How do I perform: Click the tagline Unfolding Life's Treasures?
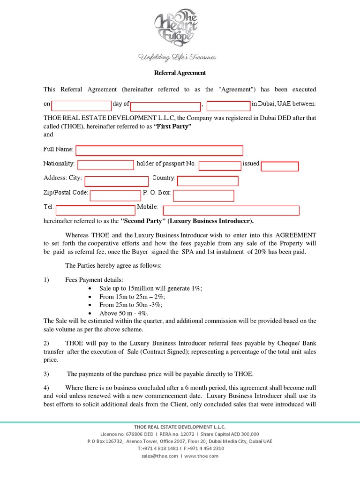[176, 57]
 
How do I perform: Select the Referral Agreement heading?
[180, 73]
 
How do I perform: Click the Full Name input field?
[159, 150]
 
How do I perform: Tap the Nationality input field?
[106, 165]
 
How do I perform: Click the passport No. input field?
[220, 165]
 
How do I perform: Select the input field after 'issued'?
[279, 166]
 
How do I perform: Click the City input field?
[116, 181]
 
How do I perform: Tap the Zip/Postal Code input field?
[115, 195]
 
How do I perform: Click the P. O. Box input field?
[203, 195]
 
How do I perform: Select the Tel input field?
[96, 210]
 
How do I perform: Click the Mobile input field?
[231, 210]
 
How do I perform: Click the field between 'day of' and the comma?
[165, 106]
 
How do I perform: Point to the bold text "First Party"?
[173, 127]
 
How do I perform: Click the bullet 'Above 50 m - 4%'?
[124, 313]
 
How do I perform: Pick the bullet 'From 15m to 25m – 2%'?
[132, 297]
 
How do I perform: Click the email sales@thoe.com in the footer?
[159, 456]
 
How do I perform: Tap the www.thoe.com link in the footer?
[202, 456]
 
